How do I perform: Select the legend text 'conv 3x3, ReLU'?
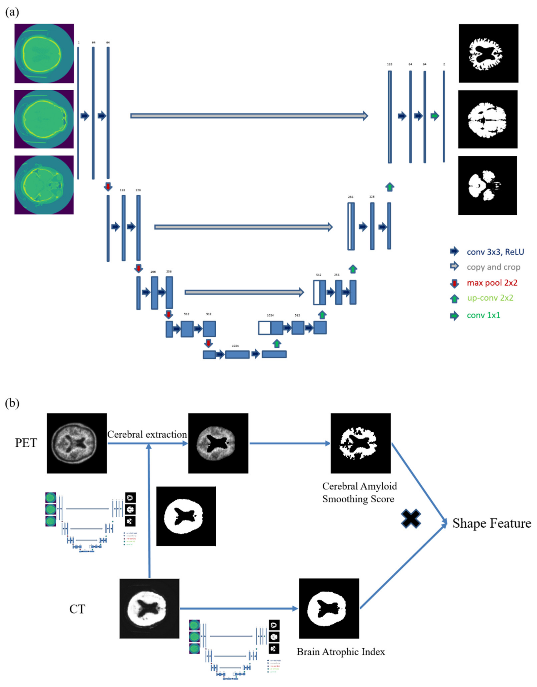coord(495,252)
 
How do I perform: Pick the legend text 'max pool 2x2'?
coord(492,283)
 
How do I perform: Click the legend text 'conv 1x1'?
coord(484,315)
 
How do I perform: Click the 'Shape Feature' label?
coord(492,523)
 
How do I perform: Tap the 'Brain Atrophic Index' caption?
coord(341,652)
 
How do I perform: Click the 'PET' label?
coord(26,443)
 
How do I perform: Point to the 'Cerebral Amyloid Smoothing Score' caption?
coord(359,493)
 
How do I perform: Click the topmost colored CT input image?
coord(44,53)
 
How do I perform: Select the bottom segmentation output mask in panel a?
coord(487,186)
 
